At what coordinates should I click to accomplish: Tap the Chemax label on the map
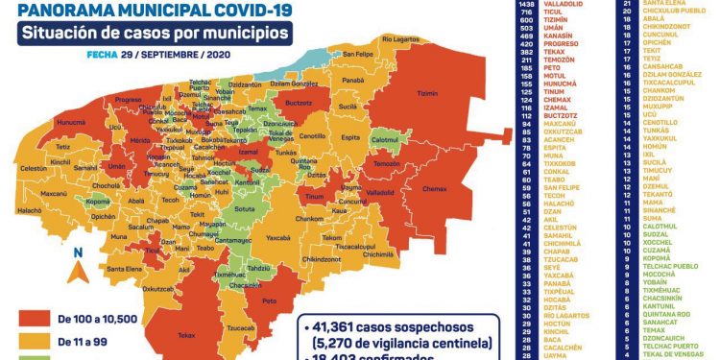click(x=433, y=188)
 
